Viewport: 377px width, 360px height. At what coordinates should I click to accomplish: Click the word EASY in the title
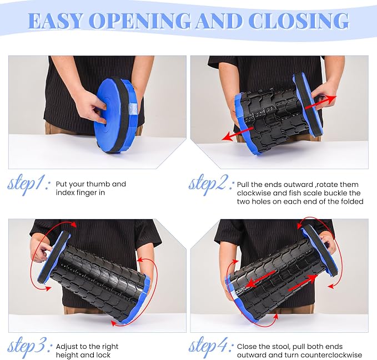(x=57, y=21)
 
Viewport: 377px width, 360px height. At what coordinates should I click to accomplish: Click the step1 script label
(x=29, y=185)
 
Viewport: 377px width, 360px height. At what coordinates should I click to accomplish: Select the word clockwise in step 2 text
(x=254, y=193)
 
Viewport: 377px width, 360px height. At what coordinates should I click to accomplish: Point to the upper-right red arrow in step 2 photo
(x=320, y=104)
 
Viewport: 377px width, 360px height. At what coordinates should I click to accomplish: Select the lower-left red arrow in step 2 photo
(x=238, y=134)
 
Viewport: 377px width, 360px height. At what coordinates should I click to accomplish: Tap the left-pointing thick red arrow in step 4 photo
(x=262, y=279)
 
